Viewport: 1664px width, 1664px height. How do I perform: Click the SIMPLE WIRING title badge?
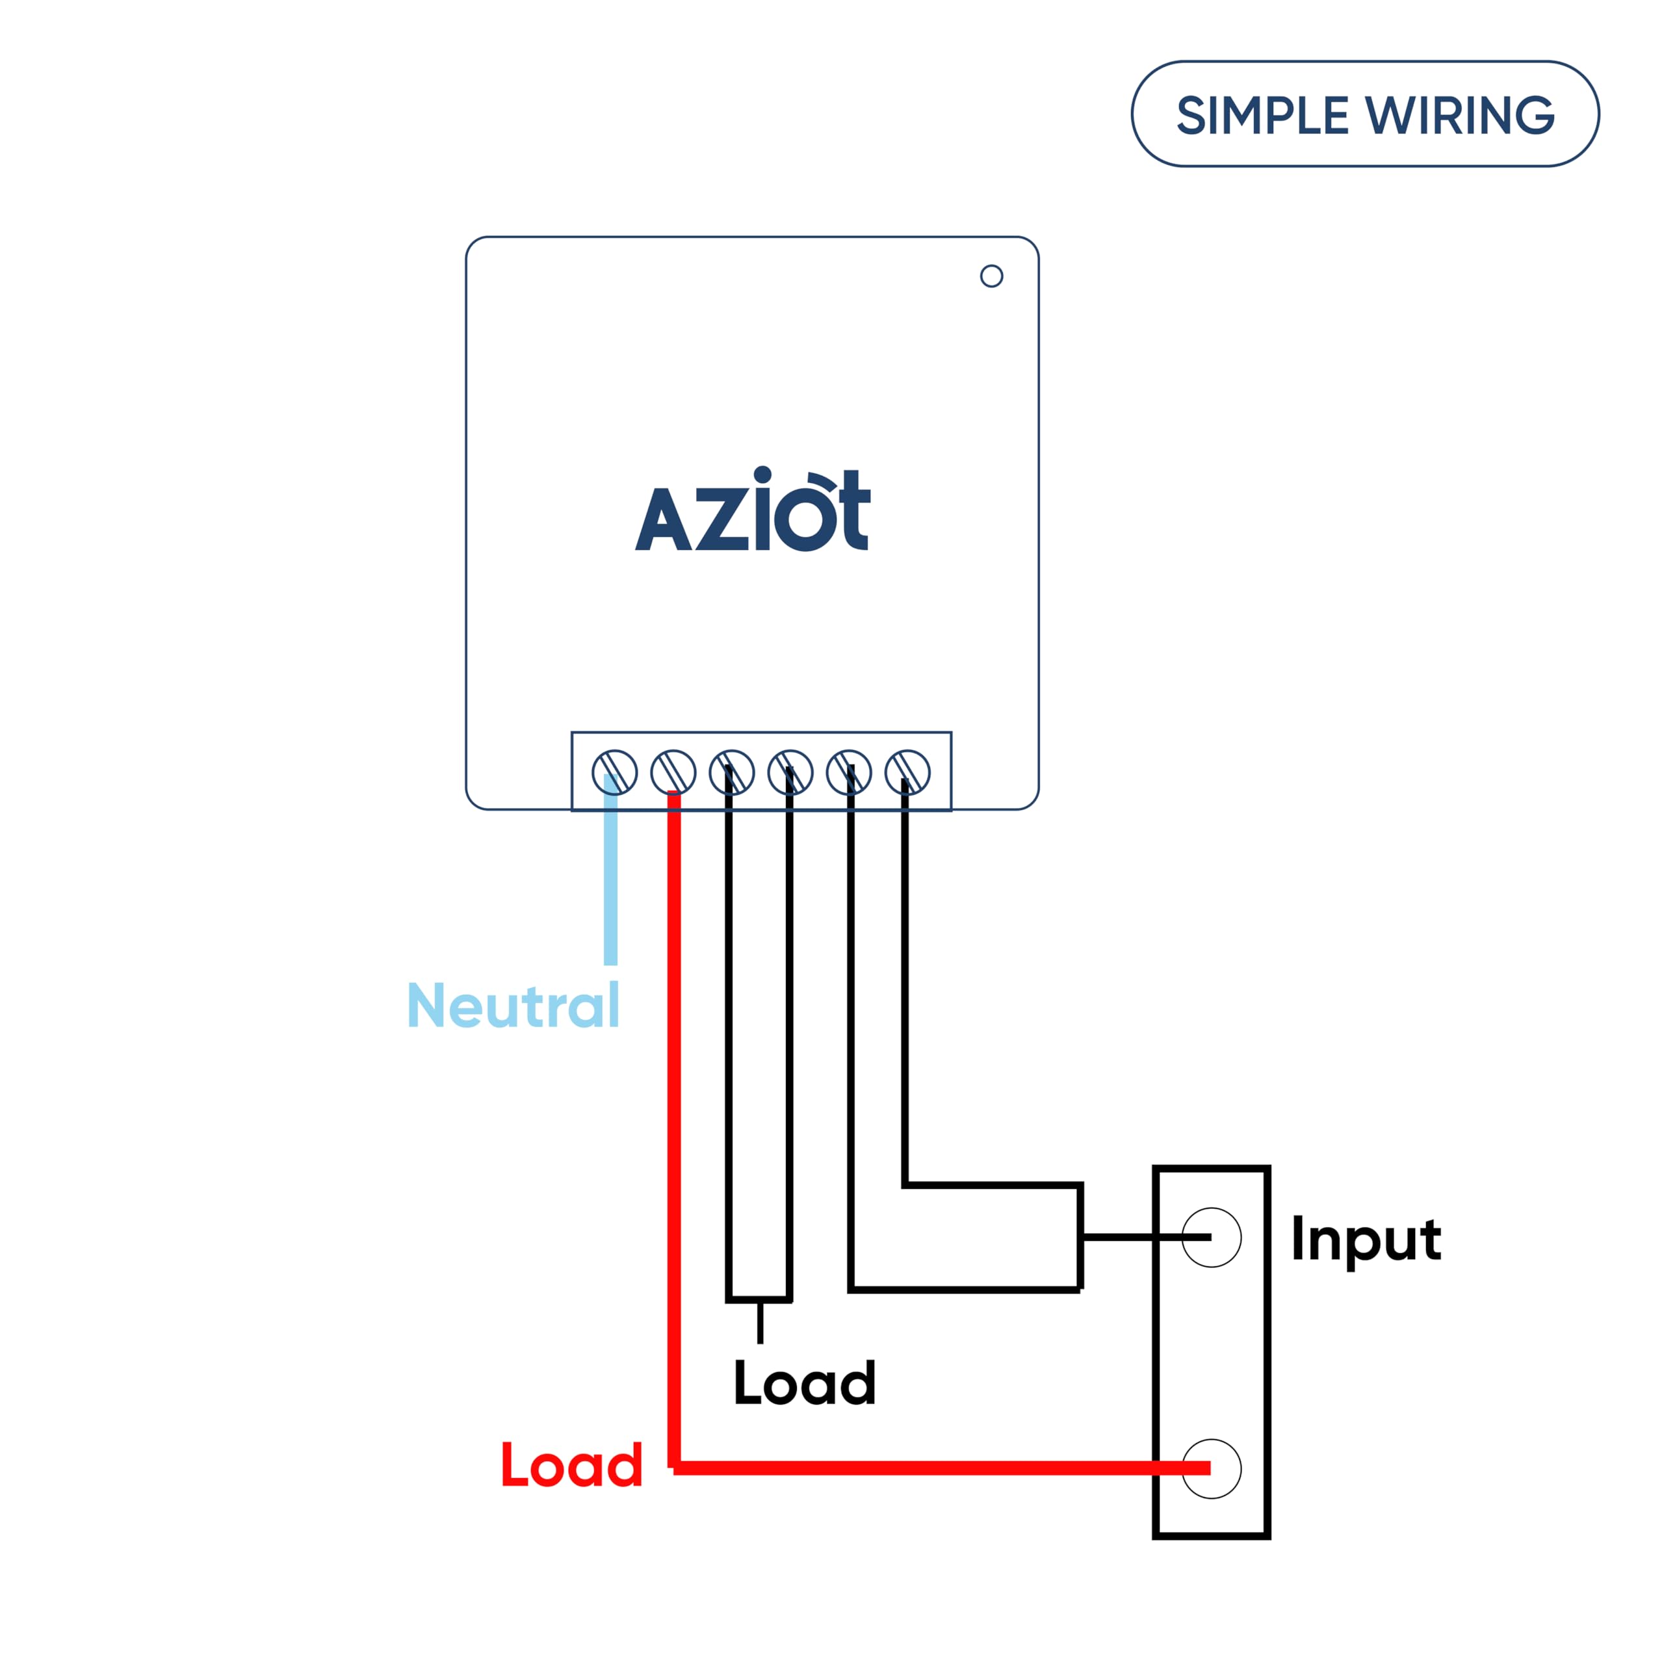pos(1364,114)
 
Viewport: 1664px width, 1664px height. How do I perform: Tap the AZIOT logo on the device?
pos(753,510)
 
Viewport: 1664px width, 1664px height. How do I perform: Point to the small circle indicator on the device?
pos(991,276)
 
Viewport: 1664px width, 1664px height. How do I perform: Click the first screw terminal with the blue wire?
pos(614,772)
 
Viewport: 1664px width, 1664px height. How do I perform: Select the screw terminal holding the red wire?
pos(673,772)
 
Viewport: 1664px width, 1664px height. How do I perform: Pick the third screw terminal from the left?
pos(731,772)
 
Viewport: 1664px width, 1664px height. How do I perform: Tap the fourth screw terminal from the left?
pos(790,772)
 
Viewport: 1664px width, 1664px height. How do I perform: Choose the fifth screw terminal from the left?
pos(848,772)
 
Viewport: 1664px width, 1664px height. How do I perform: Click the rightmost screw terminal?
pos(907,772)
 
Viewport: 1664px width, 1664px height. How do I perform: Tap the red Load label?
pos(572,1465)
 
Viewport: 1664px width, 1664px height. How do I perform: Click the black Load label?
pos(805,1383)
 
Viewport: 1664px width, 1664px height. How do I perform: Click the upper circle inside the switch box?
pos(1211,1238)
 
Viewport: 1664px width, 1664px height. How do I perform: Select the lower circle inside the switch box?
pos(1211,1468)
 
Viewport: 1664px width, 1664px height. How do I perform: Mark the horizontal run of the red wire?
pos(930,1468)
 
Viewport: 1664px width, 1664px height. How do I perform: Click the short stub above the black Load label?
pos(760,1322)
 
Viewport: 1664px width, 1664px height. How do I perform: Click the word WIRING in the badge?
pos(1461,116)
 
